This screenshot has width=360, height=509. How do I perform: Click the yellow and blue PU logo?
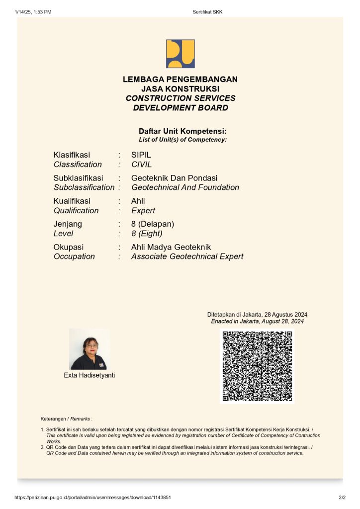click(x=180, y=54)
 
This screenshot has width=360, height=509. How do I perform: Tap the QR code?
click(x=257, y=366)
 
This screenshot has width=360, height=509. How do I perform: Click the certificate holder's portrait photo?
click(x=89, y=349)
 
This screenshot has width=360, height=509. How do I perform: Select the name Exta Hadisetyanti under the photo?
click(x=90, y=375)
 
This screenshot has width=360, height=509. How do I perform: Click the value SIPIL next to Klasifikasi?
click(x=141, y=155)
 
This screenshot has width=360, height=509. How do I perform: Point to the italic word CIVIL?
click(x=142, y=165)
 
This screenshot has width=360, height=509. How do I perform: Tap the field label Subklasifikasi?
click(x=78, y=178)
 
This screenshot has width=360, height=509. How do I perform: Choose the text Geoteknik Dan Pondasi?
click(x=174, y=178)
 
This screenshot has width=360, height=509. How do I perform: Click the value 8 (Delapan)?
click(x=153, y=224)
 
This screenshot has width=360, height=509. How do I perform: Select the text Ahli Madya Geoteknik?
click(x=171, y=247)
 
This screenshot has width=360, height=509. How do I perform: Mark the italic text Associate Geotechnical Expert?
click(x=187, y=256)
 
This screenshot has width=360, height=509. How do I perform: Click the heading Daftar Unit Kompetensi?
click(x=182, y=131)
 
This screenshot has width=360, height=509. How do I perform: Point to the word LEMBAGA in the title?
click(x=143, y=80)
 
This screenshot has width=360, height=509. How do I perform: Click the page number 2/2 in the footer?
click(x=342, y=497)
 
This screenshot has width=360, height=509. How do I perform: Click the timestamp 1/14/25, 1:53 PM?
click(x=33, y=12)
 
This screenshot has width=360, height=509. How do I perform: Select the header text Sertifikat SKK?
click(x=207, y=12)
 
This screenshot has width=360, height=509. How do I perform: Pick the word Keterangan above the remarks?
click(x=53, y=419)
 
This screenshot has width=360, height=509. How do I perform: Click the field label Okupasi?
click(x=69, y=247)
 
